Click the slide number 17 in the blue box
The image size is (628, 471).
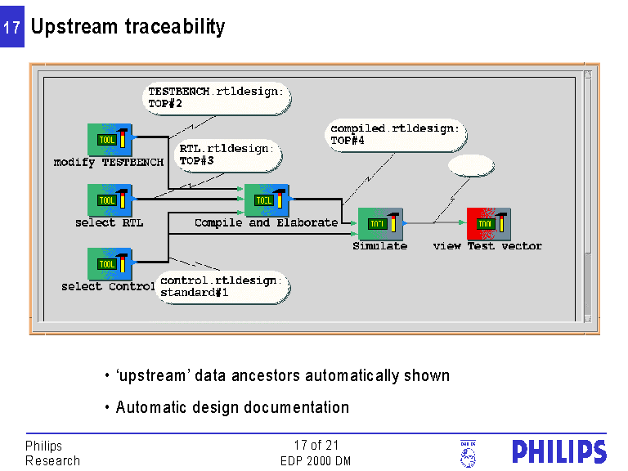pyautogui.click(x=11, y=28)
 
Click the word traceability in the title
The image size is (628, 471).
pyautogui.click(x=175, y=27)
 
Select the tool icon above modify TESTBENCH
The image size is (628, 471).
pyautogui.click(x=110, y=140)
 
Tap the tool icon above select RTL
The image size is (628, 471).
pyautogui.click(x=110, y=200)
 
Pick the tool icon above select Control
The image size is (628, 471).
pyautogui.click(x=110, y=264)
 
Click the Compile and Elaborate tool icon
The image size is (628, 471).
pyautogui.click(x=267, y=200)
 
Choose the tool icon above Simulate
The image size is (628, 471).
pyautogui.click(x=380, y=223)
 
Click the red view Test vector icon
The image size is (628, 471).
pyautogui.click(x=488, y=223)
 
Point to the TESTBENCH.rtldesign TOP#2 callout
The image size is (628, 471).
pyautogui.click(x=216, y=98)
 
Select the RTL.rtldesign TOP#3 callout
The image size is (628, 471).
pyautogui.click(x=228, y=155)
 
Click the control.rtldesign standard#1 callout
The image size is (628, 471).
pyautogui.click(x=222, y=286)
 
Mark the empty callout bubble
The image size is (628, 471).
pyautogui.click(x=470, y=166)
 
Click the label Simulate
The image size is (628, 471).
pyautogui.click(x=379, y=246)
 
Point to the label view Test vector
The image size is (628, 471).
pyautogui.click(x=487, y=246)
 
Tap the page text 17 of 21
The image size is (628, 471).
pyautogui.click(x=316, y=446)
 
